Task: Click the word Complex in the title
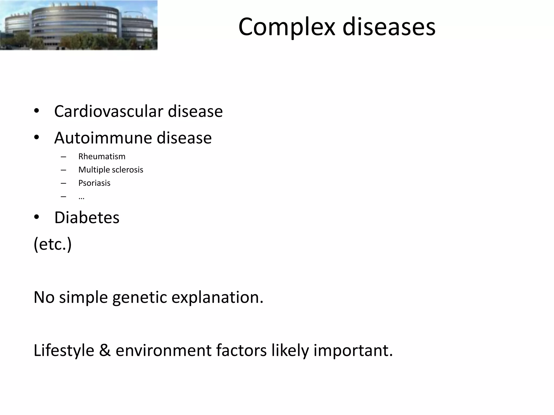287,27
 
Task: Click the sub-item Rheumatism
102,156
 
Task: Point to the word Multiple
94,170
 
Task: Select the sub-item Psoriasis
94,183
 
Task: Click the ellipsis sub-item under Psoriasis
81,198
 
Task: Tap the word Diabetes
87,217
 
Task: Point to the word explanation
217,297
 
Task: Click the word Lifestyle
64,350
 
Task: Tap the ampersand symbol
105,350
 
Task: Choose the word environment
163,350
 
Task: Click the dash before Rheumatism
64,157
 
